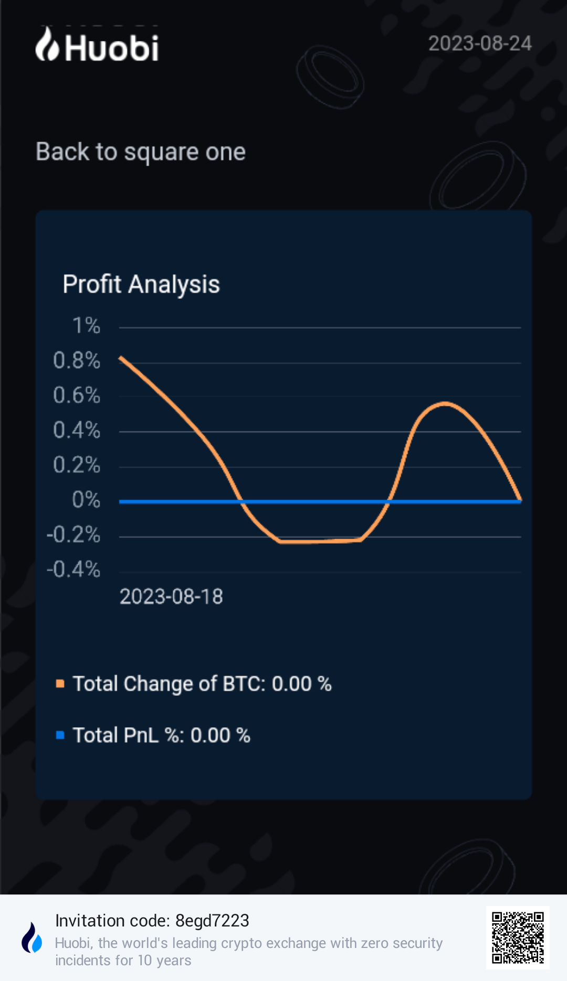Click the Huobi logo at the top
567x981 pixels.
(x=97, y=46)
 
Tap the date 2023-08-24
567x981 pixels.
(x=480, y=44)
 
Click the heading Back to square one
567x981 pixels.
(x=141, y=152)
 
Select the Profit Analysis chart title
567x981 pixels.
(x=141, y=285)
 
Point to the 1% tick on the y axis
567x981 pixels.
(x=86, y=326)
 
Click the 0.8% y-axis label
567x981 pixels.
(x=77, y=361)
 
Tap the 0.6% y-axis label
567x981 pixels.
(x=77, y=395)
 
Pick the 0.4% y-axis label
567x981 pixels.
(x=77, y=430)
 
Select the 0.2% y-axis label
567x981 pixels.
(x=77, y=465)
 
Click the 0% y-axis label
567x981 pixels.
(x=86, y=500)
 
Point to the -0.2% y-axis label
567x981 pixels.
(x=73, y=535)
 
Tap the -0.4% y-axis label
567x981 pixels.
(x=73, y=569)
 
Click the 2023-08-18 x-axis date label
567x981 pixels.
(x=171, y=597)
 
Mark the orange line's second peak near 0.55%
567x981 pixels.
(x=445, y=403)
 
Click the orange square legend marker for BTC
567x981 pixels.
(x=60, y=684)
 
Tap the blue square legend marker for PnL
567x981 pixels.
(x=60, y=735)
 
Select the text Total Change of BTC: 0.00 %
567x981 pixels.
(x=202, y=684)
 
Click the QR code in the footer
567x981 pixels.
(x=518, y=937)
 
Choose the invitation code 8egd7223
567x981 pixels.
(x=212, y=921)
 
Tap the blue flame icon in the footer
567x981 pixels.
(x=32, y=938)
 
